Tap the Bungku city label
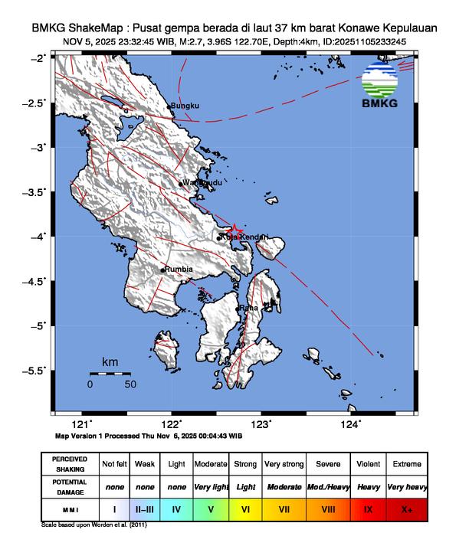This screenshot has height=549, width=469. click(x=184, y=105)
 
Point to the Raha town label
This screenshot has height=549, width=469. click(x=248, y=308)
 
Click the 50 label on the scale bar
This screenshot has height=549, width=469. click(x=130, y=384)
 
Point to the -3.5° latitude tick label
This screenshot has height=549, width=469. click(x=35, y=191)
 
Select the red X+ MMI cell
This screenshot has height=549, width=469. click(x=406, y=508)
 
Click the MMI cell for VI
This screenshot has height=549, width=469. click(x=246, y=508)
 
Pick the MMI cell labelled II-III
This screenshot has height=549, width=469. click(x=144, y=508)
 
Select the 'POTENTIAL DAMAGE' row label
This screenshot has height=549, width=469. click(x=70, y=486)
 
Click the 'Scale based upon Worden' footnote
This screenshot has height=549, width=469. click(x=93, y=525)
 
